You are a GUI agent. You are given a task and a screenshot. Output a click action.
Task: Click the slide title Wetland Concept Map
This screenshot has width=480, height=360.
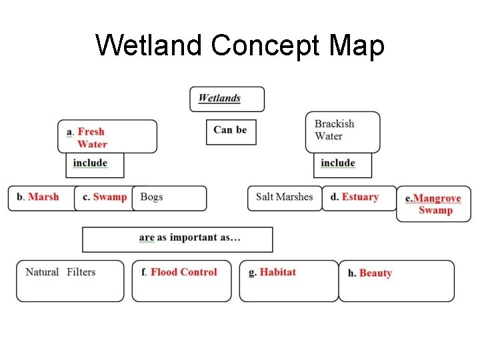coord(240,46)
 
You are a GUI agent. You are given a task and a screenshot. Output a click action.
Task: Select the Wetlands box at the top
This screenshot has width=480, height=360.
coord(227,99)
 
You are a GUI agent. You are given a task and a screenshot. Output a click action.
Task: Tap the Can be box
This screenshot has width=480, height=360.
coord(230,131)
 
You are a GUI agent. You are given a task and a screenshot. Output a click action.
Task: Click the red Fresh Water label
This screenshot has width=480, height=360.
coord(92,138)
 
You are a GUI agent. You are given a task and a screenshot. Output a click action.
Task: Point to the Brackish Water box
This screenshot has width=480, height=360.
coord(343,131)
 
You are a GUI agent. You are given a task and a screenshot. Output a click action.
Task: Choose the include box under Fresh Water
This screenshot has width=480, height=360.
coord(94,164)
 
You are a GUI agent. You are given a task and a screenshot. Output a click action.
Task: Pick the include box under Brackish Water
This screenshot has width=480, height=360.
coord(342,164)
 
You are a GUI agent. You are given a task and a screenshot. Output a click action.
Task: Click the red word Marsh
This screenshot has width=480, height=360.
coord(43,197)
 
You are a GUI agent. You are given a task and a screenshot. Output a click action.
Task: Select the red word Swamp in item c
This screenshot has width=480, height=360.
coord(110,197)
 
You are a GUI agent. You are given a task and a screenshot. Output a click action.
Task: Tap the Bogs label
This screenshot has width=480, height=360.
coord(152,197)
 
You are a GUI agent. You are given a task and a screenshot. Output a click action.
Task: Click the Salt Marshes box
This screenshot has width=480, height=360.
coord(284,197)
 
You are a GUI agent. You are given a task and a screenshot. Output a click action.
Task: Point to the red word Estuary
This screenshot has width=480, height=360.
coord(360,197)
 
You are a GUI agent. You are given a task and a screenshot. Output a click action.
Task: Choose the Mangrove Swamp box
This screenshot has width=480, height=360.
coord(433,205)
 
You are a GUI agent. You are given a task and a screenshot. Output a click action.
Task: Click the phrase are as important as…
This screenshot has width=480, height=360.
coord(190,238)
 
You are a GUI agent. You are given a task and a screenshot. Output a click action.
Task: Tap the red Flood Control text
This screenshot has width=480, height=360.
coord(183,272)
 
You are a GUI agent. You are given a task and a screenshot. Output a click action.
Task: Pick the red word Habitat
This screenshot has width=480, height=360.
coord(277,272)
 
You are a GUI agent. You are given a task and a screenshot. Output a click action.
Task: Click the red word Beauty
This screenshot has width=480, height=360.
coord(375,273)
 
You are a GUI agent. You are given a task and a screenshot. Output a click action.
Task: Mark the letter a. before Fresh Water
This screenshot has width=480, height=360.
coord(70,132)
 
